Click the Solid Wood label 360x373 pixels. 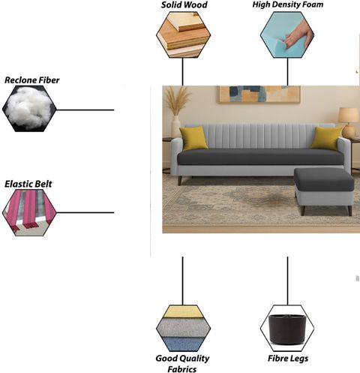(x=184, y=5)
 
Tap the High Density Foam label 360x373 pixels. (x=288, y=5)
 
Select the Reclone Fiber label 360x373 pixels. (x=32, y=80)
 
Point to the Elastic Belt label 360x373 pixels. (x=28, y=184)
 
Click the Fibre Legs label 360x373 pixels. (x=288, y=359)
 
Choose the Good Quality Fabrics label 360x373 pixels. (x=182, y=364)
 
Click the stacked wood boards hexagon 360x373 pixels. (x=183, y=35)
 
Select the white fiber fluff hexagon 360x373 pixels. (x=29, y=109)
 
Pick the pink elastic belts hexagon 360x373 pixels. (x=29, y=212)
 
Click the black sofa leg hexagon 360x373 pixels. (x=287, y=328)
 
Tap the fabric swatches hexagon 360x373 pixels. (x=183, y=328)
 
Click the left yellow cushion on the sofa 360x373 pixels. (x=193, y=138)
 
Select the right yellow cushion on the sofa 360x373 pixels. (x=326, y=138)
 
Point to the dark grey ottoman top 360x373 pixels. (x=324, y=179)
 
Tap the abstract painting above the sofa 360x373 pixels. (x=259, y=94)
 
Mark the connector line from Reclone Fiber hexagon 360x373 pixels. (x=85, y=110)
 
